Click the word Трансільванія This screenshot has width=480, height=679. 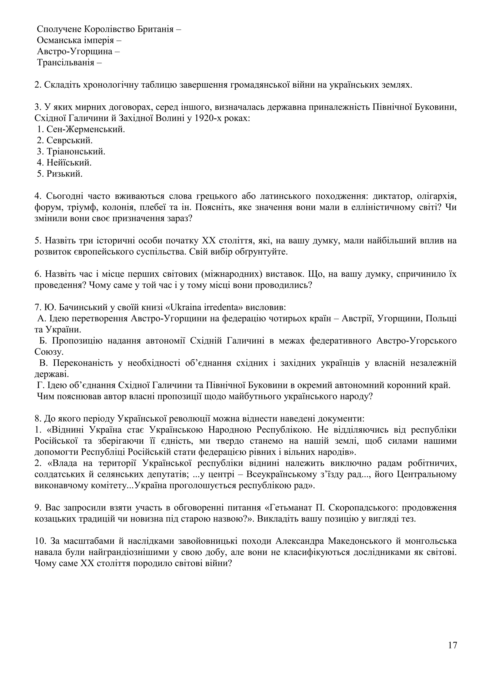[x=65, y=63]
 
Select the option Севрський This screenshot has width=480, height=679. [x=70, y=140]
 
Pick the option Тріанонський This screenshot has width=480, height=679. [x=76, y=151]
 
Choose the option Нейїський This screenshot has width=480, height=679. [x=69, y=162]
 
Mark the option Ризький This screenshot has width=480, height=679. [x=64, y=174]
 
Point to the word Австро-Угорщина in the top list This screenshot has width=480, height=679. [x=75, y=52]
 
